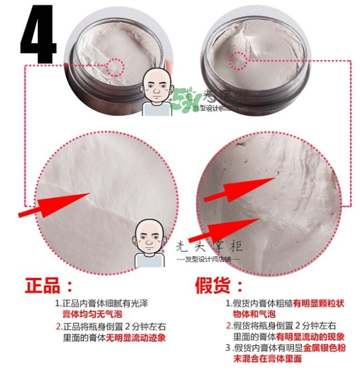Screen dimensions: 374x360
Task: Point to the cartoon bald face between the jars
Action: click(157, 90)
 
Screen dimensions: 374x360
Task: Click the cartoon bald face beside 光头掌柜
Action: click(149, 238)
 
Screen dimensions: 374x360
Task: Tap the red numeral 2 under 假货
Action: click(229, 325)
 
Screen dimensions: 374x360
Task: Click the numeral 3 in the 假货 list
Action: click(228, 348)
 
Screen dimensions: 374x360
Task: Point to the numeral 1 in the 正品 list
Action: click(59, 303)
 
